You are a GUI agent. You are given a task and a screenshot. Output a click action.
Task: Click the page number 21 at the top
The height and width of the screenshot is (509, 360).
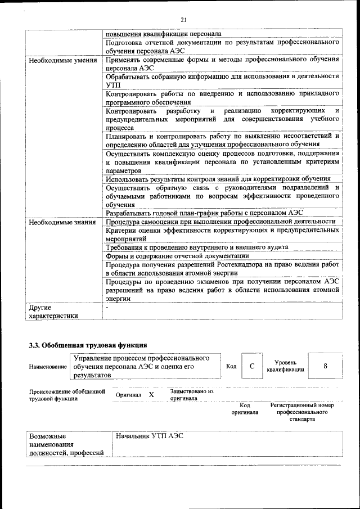[183, 20]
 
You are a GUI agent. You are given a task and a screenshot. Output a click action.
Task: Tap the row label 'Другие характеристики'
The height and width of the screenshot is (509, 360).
[53, 312]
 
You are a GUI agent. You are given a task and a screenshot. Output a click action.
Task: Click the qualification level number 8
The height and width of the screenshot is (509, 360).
[325, 366]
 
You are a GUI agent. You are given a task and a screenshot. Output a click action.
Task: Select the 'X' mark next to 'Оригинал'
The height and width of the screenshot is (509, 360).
[151, 395]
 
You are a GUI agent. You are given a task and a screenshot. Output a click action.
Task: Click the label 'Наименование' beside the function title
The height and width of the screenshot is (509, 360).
[48, 367]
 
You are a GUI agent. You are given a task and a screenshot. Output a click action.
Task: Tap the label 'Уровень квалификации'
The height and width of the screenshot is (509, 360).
[286, 366]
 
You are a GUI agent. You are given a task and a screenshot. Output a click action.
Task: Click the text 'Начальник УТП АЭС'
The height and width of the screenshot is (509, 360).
[150, 436]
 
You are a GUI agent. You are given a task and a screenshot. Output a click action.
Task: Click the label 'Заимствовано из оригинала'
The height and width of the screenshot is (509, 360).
[191, 394]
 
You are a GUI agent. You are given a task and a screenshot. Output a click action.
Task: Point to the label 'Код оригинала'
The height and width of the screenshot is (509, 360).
[245, 408]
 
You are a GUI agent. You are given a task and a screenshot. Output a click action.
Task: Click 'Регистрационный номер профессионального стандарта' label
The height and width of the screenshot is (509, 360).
[301, 412]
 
